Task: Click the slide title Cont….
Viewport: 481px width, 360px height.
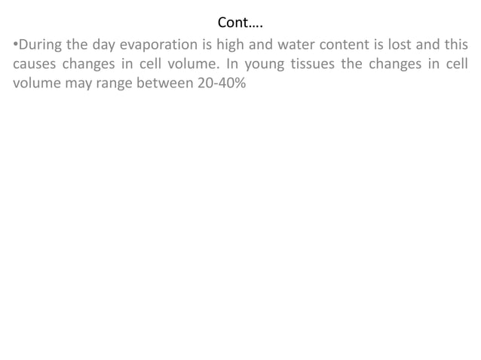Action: pos(240,20)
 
